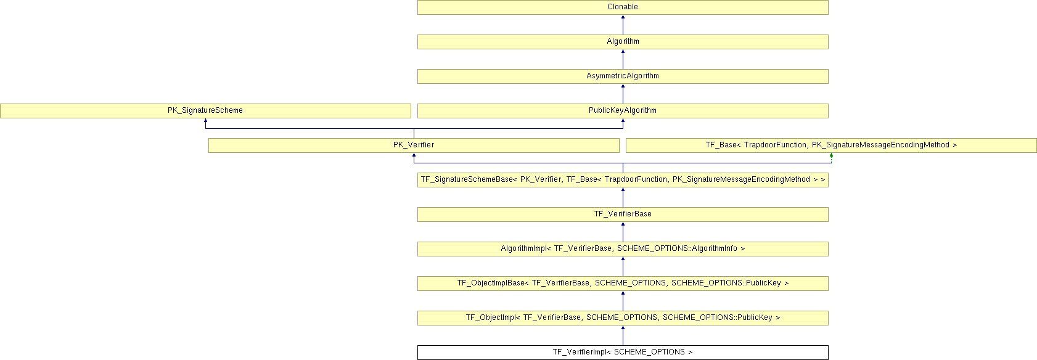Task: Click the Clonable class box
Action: point(623,7)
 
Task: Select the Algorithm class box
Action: point(623,42)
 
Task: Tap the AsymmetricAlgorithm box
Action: point(623,76)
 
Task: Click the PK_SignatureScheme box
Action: point(205,111)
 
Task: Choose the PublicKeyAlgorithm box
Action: point(623,111)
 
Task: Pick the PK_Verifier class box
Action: point(414,145)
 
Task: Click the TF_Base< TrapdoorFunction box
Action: point(831,145)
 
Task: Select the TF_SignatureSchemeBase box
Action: point(623,180)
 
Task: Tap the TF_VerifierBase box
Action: point(623,215)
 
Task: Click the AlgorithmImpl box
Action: point(623,249)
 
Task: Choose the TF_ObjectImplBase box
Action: point(623,284)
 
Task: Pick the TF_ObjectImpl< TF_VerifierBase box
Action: point(623,318)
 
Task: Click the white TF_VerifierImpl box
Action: point(623,353)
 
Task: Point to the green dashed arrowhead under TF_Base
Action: point(831,156)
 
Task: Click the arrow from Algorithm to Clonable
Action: point(623,25)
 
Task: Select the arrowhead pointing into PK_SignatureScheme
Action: point(205,121)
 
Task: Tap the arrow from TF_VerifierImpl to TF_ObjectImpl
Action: point(623,335)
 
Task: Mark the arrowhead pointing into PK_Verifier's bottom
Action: point(414,156)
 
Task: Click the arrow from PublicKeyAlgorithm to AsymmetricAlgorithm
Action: point(623,94)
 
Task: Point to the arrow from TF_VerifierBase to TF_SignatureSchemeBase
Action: point(623,197)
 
